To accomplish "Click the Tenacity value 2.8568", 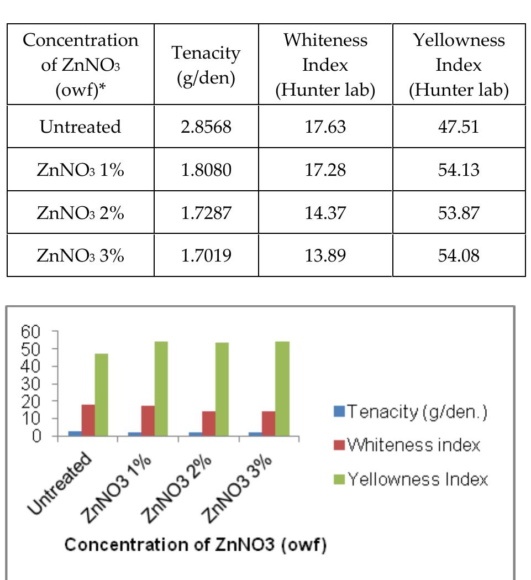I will coord(206,127).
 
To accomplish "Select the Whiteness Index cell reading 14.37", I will coord(325,213).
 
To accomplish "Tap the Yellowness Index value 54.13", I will coord(459,170).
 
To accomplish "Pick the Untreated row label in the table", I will coord(80,127).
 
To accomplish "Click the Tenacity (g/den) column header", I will coord(206,65).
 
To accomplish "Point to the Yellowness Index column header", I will coord(459,65).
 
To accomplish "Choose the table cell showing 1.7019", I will coord(206,256).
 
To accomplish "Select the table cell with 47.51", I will coord(459,127).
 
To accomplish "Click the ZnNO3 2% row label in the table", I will coord(80,213).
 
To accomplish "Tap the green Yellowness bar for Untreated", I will coord(101,395).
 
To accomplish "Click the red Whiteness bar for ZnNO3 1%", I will coord(148,421).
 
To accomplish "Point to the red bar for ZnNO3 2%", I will coord(209,424).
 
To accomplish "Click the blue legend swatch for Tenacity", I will coord(340,411).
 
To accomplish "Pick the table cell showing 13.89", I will coord(325,256).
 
